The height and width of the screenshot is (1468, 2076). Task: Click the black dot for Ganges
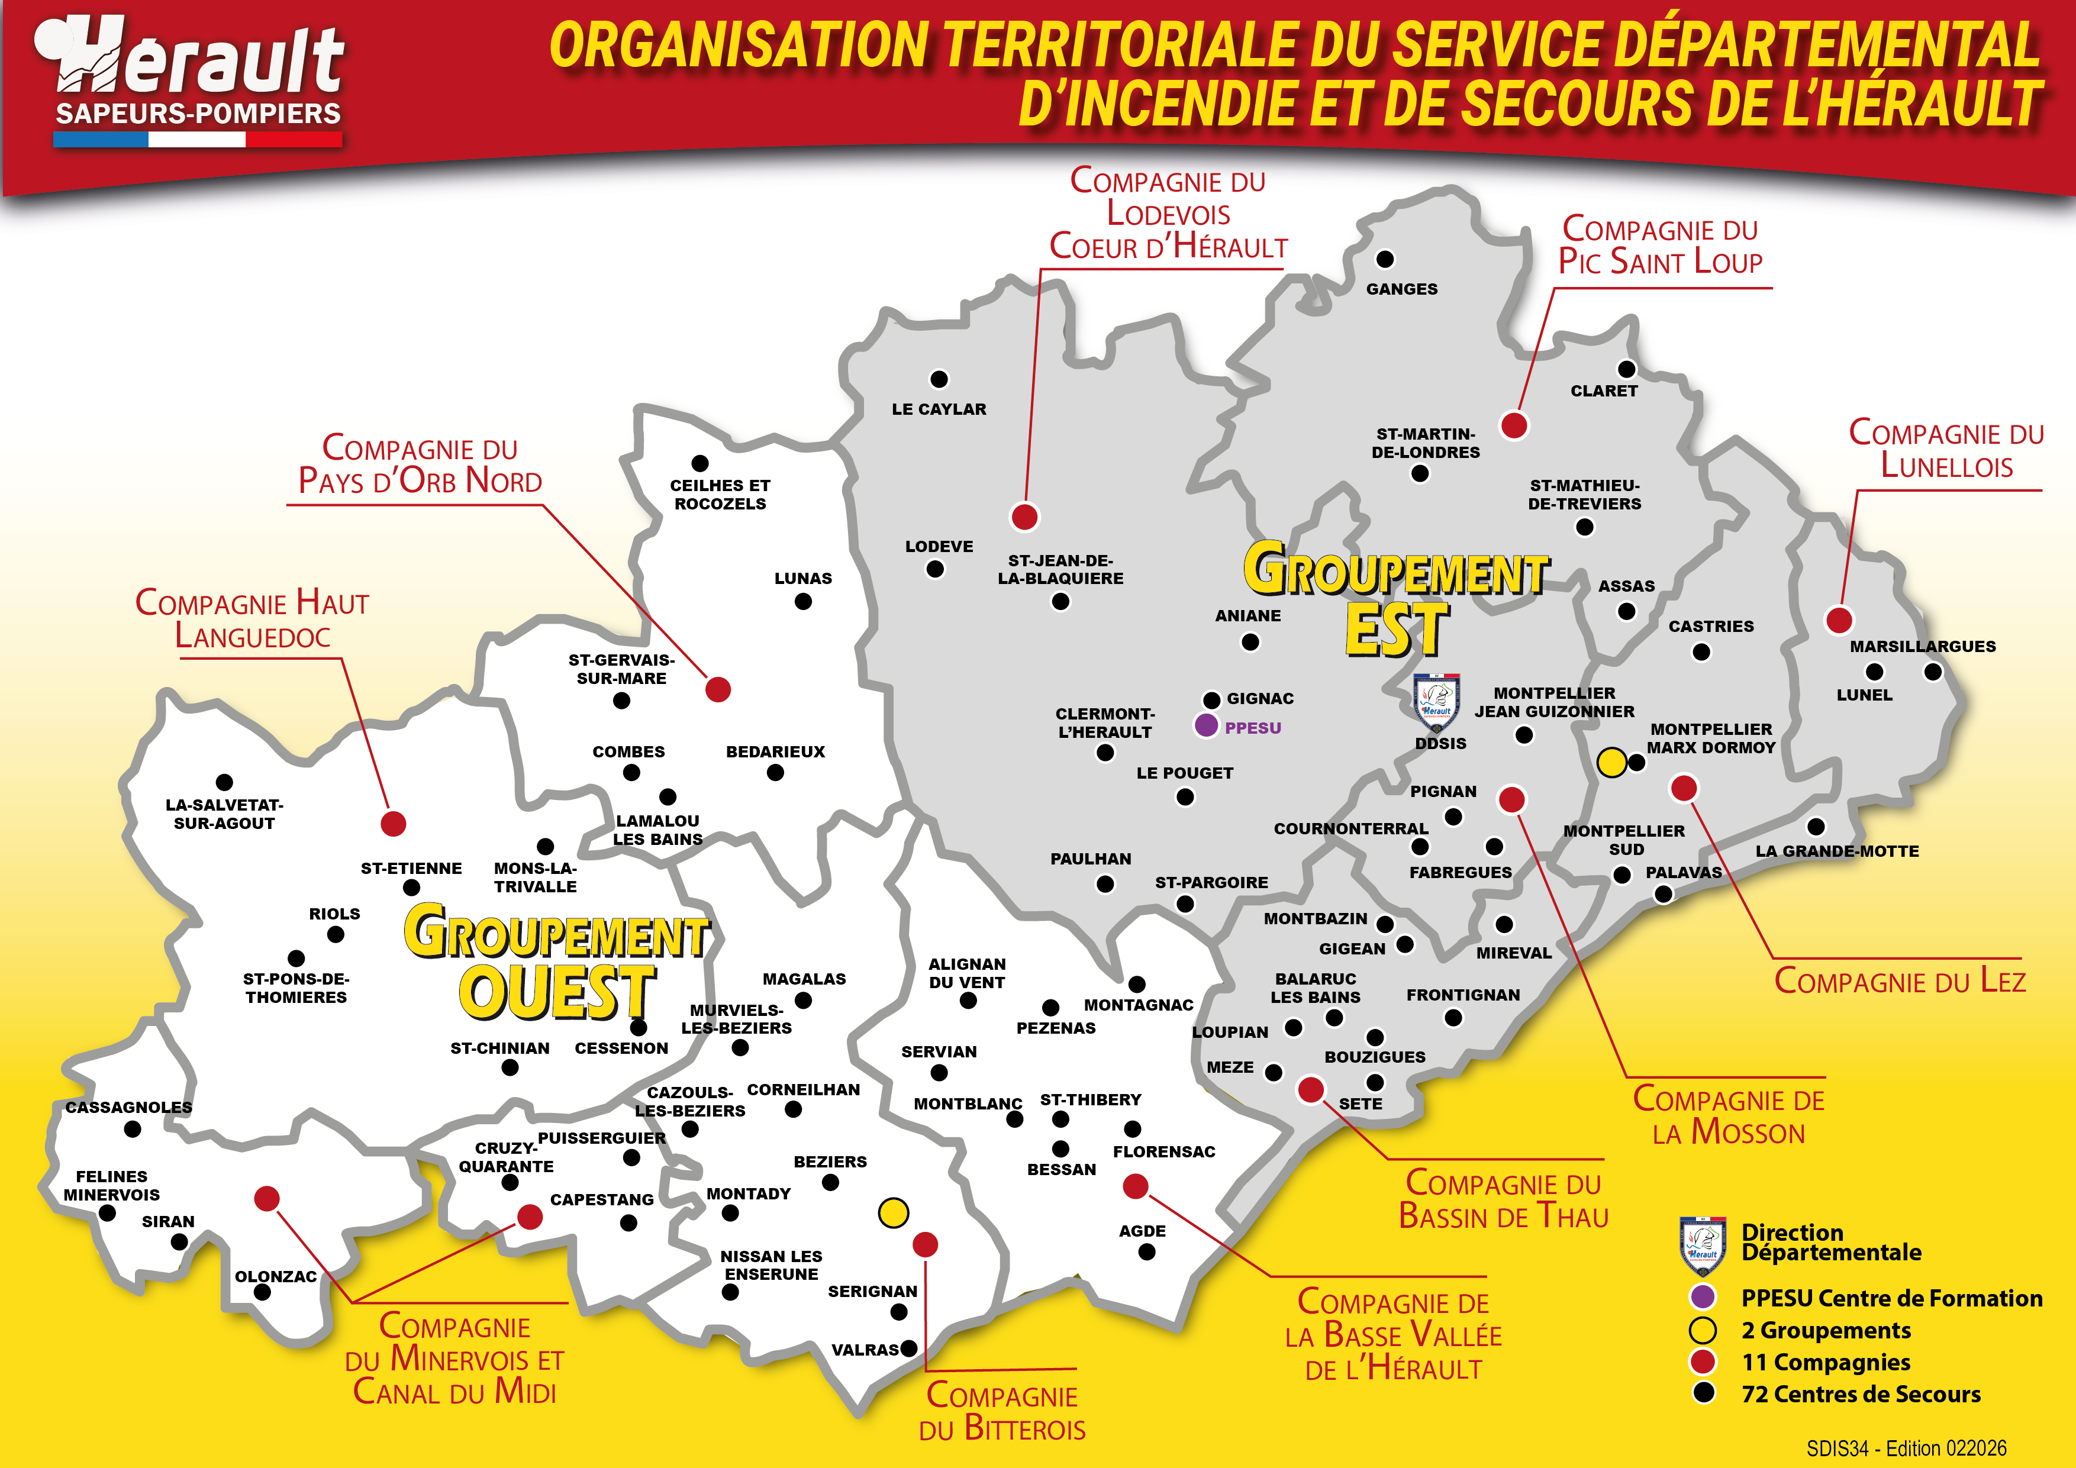1384,259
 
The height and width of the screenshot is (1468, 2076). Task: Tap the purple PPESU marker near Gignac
1205,725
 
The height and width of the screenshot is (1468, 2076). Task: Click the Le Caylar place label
939,409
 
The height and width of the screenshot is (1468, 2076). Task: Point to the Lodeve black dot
935,569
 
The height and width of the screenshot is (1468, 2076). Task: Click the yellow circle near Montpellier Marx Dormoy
1611,762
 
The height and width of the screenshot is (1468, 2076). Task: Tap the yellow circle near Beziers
894,1212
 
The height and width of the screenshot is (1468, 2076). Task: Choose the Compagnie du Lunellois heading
1946,449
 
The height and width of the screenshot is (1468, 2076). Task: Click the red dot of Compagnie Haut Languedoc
394,824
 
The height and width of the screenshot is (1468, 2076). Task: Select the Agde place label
1142,1231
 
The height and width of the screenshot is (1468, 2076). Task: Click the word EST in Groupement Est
1397,630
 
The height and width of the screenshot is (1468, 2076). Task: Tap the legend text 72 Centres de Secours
1860,1394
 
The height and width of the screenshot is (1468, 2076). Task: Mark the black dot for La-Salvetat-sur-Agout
224,782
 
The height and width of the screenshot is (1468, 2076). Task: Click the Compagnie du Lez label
1899,981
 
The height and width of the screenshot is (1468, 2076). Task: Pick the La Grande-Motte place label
1836,851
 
